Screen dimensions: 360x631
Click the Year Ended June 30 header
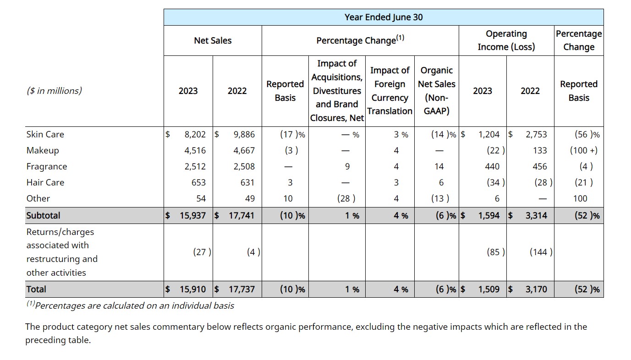point(383,17)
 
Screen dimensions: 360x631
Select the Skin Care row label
point(45,134)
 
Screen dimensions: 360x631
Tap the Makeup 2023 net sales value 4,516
point(195,150)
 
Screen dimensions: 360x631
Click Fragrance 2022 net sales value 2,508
point(244,166)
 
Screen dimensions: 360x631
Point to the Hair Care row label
point(45,182)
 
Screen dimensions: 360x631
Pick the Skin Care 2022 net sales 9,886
point(244,134)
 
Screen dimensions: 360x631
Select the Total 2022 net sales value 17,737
point(241,289)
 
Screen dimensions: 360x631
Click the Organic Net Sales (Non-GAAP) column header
point(436,91)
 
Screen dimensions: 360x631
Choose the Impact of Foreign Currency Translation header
point(390,91)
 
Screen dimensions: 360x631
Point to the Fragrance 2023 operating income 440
point(497,166)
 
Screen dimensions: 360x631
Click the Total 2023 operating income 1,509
point(488,289)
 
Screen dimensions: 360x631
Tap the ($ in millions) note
point(54,91)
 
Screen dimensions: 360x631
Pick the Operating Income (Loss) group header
point(506,40)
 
